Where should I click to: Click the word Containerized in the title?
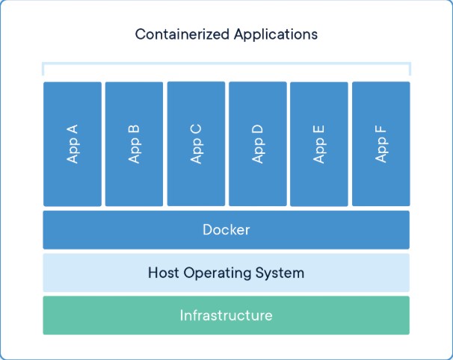pyautogui.click(x=182, y=34)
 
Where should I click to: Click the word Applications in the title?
pyautogui.click(x=276, y=34)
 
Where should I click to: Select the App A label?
pyautogui.click(x=73, y=143)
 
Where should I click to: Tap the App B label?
pyautogui.click(x=134, y=144)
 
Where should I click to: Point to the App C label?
pyautogui.click(x=196, y=144)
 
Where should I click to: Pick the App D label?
pyautogui.click(x=257, y=144)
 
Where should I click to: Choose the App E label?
pyautogui.click(x=319, y=144)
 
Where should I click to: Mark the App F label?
pyautogui.click(x=380, y=144)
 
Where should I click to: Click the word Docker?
pyautogui.click(x=226, y=230)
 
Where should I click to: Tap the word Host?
pyautogui.click(x=163, y=273)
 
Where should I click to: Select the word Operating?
pyautogui.click(x=218, y=273)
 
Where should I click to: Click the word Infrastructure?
pyautogui.click(x=226, y=315)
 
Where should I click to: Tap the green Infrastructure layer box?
pyautogui.click(x=226, y=315)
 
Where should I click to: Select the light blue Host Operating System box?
pyautogui.click(x=226, y=273)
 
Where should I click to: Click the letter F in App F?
pyautogui.click(x=380, y=130)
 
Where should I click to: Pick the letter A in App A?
pyautogui.click(x=73, y=129)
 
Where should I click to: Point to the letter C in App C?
pyautogui.click(x=196, y=129)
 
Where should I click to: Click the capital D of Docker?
pyautogui.click(x=208, y=230)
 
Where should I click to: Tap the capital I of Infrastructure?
pyautogui.click(x=181, y=315)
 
